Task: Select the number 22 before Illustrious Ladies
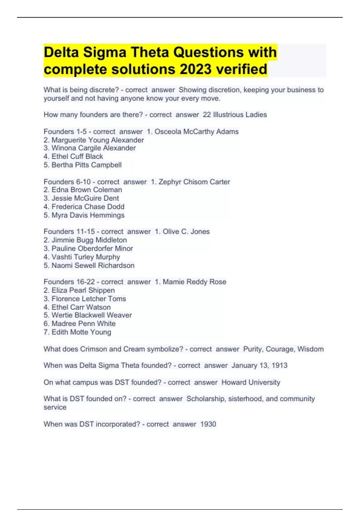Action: click(207, 115)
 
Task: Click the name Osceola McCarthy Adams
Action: click(196, 132)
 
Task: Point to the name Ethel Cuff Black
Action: click(77, 157)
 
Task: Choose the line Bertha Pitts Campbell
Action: click(86, 165)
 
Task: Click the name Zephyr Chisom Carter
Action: click(194, 182)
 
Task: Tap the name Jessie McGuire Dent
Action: click(85, 198)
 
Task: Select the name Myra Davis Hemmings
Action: click(88, 215)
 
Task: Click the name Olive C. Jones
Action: click(186, 232)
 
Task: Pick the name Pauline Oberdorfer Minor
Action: click(92, 248)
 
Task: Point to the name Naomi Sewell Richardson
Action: click(93, 265)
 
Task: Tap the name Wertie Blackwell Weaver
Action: click(91, 315)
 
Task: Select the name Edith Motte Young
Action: click(81, 332)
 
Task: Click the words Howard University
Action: click(251, 382)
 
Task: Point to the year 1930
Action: click(208, 424)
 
